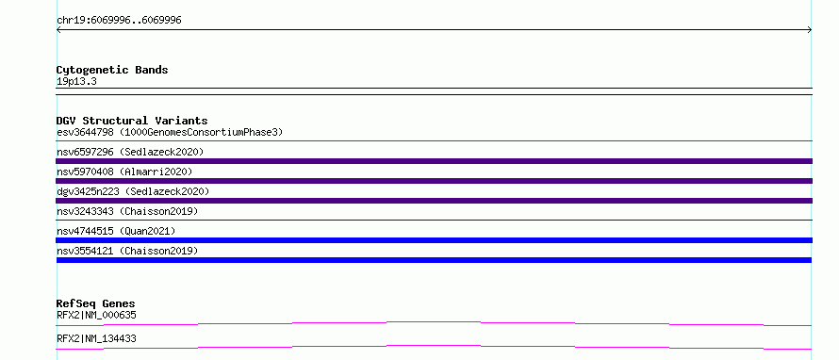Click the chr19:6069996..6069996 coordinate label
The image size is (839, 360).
[119, 21]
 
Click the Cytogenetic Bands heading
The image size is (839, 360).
[112, 70]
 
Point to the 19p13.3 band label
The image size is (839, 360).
[76, 82]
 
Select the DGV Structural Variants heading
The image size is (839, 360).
[132, 121]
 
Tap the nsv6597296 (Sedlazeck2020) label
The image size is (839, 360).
[130, 152]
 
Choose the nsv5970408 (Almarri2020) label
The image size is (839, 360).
[124, 172]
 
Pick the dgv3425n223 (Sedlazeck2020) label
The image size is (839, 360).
[133, 191]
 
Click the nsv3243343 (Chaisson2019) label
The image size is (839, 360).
[127, 211]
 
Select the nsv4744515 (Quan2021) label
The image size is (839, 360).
[116, 231]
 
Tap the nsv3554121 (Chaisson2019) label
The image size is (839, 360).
[127, 251]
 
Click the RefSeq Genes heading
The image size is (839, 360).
[96, 303]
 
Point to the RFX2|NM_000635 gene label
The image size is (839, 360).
[96, 315]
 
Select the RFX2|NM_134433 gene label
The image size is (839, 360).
[96, 338]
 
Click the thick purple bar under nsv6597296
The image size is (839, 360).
[434, 161]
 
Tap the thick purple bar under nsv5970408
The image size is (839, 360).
[434, 181]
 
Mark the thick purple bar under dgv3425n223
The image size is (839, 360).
[434, 201]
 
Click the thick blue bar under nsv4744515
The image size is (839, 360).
[434, 240]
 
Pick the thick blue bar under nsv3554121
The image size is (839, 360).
[434, 260]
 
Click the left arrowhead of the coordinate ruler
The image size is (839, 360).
[57, 30]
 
